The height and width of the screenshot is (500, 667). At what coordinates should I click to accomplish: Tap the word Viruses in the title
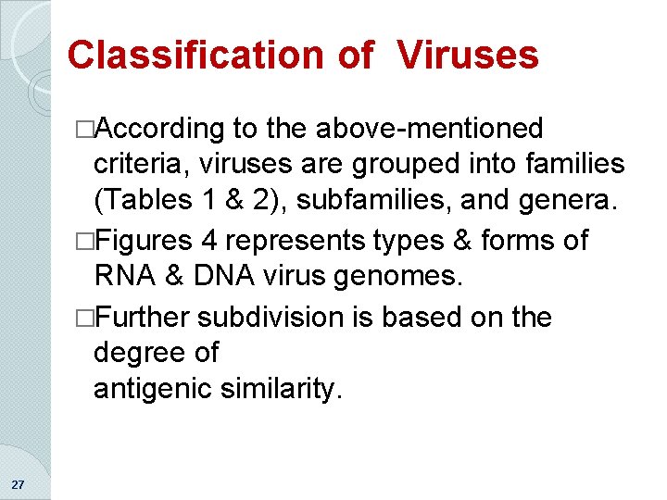[x=469, y=56]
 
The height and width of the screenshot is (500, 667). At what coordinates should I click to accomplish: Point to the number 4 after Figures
[x=209, y=241]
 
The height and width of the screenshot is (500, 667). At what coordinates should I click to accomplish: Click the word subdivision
[x=270, y=317]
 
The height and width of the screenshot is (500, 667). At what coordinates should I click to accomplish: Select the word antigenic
[x=152, y=390]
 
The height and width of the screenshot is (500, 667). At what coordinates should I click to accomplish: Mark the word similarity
[x=282, y=390]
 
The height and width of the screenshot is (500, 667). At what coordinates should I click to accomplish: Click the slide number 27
[x=19, y=484]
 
